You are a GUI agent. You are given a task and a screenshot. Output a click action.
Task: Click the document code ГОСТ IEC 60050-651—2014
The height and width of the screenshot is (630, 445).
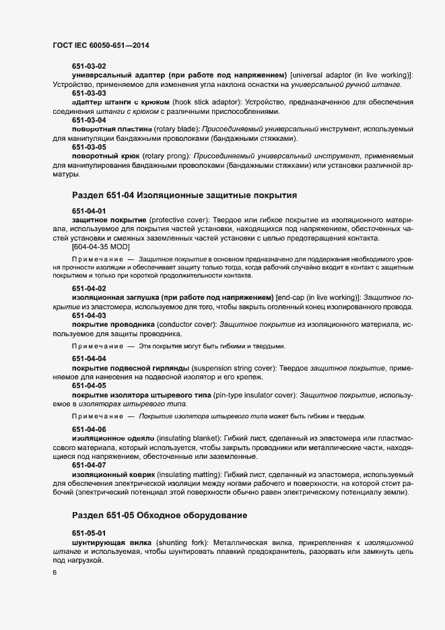(100, 45)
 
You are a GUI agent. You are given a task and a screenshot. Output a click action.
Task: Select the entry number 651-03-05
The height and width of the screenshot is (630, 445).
(89, 146)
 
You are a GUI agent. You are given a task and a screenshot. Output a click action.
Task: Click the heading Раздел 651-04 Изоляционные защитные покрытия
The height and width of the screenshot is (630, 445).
(184, 195)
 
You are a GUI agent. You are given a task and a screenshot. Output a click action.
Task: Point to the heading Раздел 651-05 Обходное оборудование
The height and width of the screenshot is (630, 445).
(159, 515)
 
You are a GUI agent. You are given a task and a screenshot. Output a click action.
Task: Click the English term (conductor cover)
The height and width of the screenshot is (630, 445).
(184, 324)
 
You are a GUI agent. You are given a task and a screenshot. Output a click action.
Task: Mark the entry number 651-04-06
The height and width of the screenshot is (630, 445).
(89, 429)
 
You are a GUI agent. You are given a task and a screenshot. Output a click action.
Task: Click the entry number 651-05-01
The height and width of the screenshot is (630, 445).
(89, 533)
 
